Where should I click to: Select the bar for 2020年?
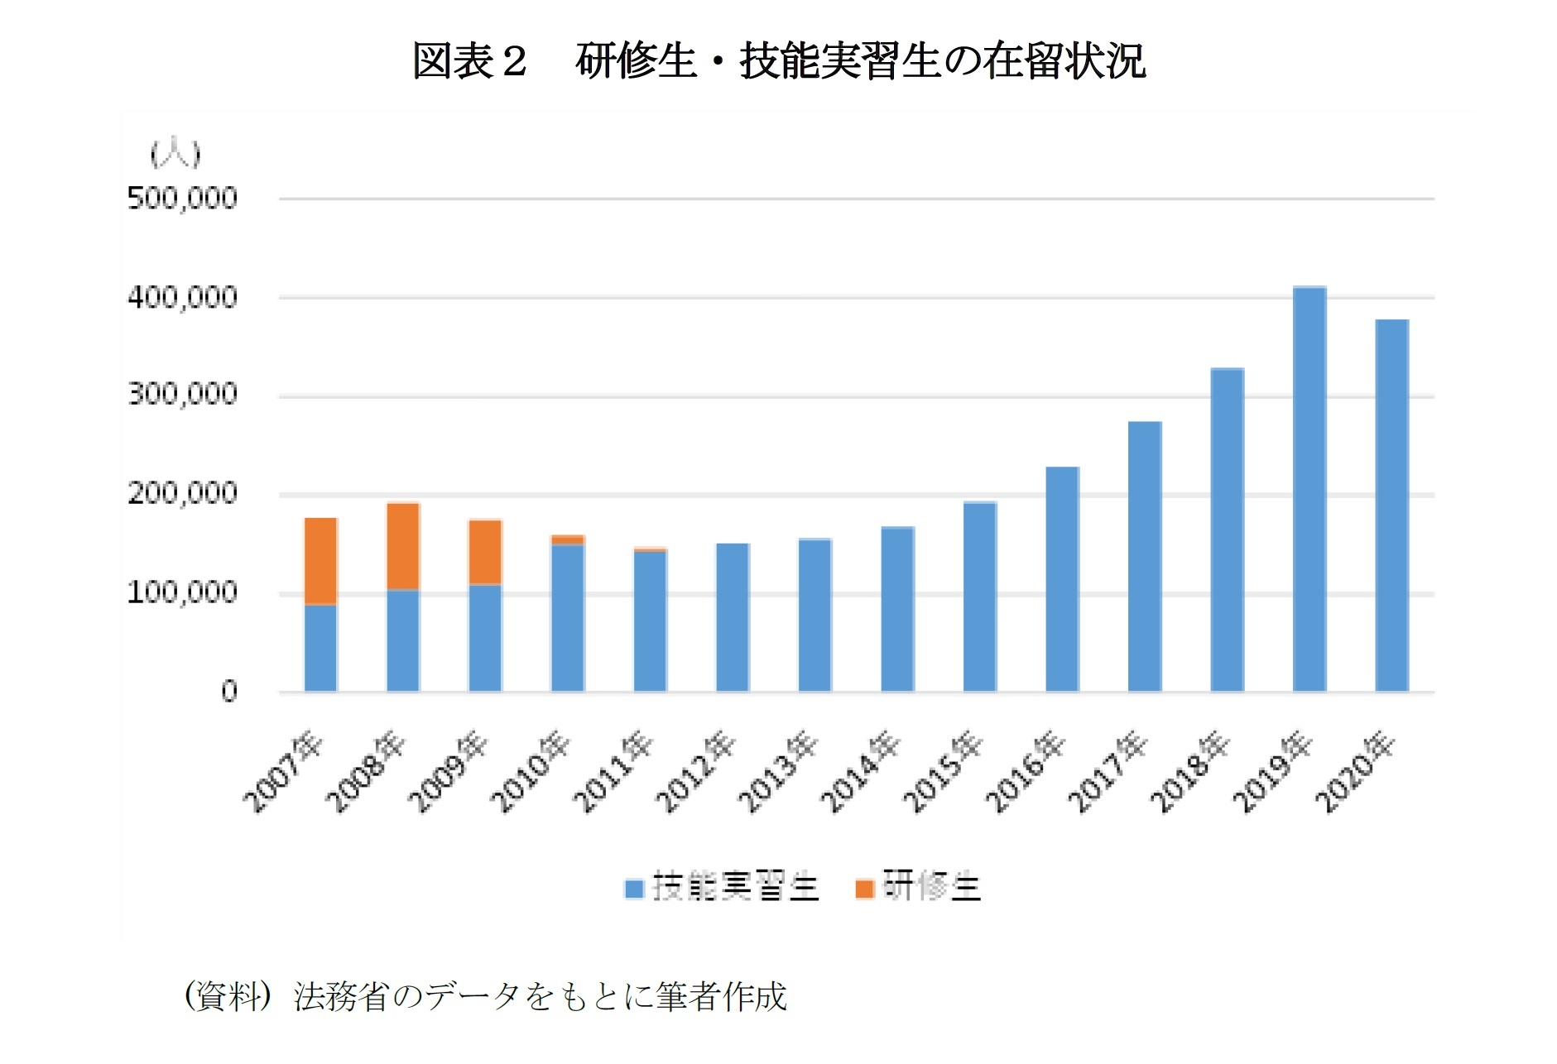(1391, 506)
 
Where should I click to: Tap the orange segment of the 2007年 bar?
(320, 561)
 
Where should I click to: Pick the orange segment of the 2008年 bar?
(403, 546)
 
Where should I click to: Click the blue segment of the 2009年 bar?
(485, 638)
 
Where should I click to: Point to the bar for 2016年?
(1062, 579)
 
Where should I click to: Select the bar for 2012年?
(733, 617)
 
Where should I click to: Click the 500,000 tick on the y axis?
(182, 199)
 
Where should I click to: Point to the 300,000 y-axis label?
(182, 395)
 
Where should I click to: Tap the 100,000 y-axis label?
(182, 592)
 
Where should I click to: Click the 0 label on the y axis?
(229, 691)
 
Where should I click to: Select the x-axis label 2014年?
(860, 771)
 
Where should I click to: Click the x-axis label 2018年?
(1190, 771)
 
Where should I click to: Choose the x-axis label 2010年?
(531, 771)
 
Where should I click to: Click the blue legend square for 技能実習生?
(633, 889)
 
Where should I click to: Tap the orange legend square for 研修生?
(864, 889)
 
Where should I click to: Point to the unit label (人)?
(175, 154)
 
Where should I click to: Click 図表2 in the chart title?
(469, 61)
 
